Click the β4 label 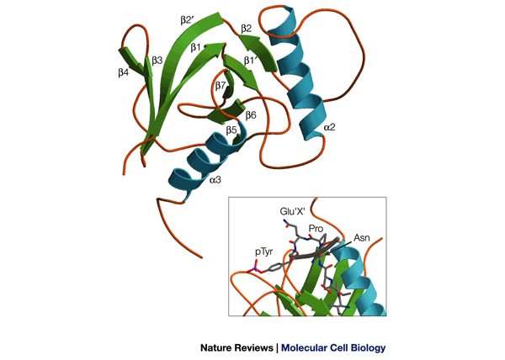coord(124,73)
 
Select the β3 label coord(157,61)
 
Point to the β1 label coord(196,48)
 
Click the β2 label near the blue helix coord(247,29)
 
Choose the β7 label coord(221,86)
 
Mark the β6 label coord(251,114)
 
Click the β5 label coord(231,130)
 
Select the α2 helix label coord(329,128)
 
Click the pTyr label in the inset coord(263,251)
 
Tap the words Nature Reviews coord(237,347)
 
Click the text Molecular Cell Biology coord(331,347)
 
